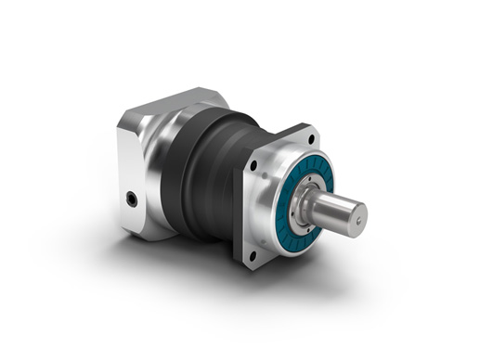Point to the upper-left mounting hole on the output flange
(x=252, y=166)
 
